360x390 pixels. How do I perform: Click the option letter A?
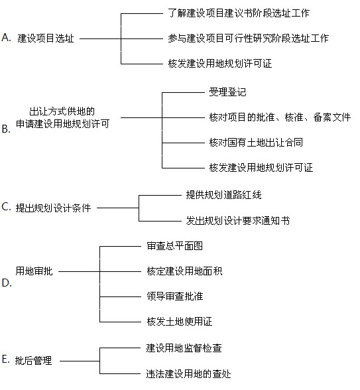tap(6, 38)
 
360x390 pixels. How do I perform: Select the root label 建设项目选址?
tap(46, 38)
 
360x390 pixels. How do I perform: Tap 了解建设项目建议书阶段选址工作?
tap(239, 13)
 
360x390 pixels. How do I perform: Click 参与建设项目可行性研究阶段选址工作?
tap(248, 38)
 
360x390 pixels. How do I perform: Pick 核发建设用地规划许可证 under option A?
tap(220, 64)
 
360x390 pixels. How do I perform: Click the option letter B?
tap(6, 129)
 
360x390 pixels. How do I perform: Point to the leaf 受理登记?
tap(227, 92)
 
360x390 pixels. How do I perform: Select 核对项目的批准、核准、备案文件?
tap(280, 117)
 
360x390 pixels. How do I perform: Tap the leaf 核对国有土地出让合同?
tap(256, 143)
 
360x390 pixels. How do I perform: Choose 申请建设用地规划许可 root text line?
tap(62, 124)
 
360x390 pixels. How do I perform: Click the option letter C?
tap(6, 207)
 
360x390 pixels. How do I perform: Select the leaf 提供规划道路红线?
tap(224, 195)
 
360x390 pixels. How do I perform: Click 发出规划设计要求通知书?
tap(238, 221)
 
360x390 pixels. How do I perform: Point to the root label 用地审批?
tap(34, 271)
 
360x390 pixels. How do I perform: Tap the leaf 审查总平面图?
tap(175, 246)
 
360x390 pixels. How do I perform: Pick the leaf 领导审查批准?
tap(175, 296)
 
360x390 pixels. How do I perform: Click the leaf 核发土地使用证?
tap(180, 322)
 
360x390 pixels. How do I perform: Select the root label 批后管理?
tap(33, 361)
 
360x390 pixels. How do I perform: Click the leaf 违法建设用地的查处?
tap(188, 374)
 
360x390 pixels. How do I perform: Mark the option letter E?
tap(6, 359)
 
